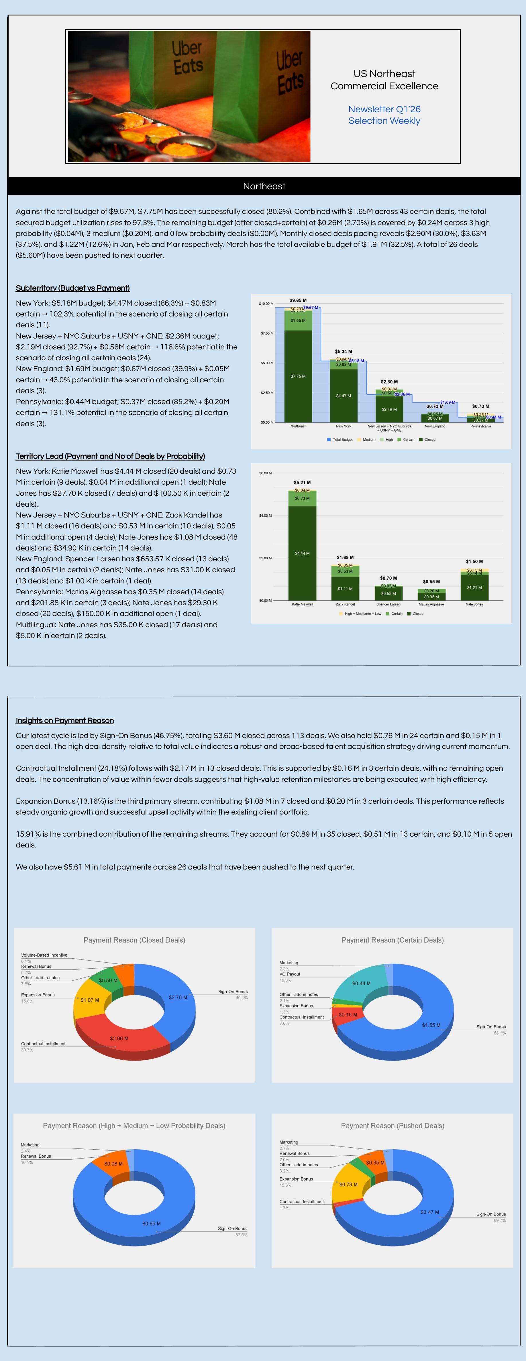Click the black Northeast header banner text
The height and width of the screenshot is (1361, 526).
(264, 186)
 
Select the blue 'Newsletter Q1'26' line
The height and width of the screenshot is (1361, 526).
(384, 109)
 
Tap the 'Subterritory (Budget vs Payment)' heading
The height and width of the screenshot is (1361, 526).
(72, 288)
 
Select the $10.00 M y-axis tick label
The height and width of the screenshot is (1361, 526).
(266, 304)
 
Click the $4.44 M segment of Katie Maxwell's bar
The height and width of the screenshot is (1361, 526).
(302, 553)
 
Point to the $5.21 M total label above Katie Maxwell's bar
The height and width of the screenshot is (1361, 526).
(302, 482)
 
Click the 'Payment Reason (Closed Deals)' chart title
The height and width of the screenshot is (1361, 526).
(134, 940)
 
